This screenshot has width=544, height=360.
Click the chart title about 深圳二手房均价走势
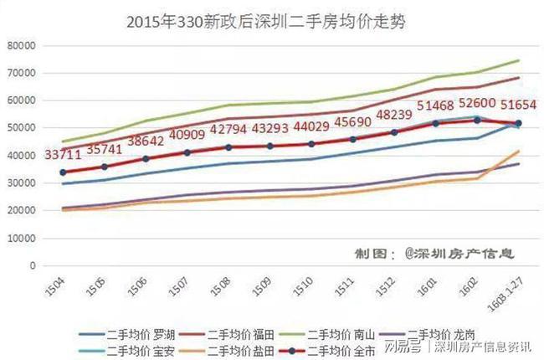coord(272,21)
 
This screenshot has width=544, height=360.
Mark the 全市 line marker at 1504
coord(64,172)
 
